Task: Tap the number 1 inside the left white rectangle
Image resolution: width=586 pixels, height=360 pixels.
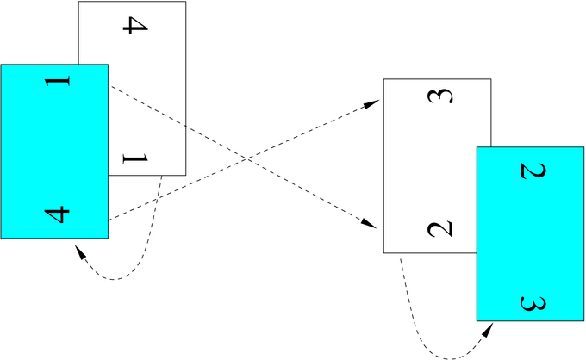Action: click(x=135, y=158)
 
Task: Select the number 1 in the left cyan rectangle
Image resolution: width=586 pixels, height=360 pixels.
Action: click(x=57, y=83)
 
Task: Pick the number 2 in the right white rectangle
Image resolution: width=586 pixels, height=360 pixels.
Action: click(x=439, y=229)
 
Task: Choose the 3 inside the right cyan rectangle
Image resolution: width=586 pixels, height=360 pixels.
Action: click(x=533, y=302)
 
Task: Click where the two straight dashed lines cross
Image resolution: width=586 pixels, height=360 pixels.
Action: click(x=247, y=158)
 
